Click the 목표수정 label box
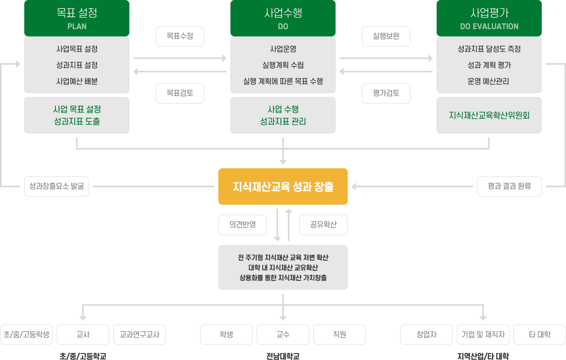click(x=180, y=36)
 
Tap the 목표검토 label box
click(x=180, y=93)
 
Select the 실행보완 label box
click(x=386, y=36)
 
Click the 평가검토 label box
click(x=386, y=93)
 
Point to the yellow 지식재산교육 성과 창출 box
click(x=283, y=186)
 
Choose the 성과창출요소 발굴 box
click(x=57, y=186)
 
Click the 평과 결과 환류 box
click(x=509, y=186)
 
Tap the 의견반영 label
click(x=243, y=225)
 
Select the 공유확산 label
click(x=323, y=225)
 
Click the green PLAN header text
click(x=77, y=27)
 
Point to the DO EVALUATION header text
click(x=489, y=27)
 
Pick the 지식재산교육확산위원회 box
click(x=489, y=115)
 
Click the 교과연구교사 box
click(x=139, y=335)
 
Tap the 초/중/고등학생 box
click(x=26, y=335)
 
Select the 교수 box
click(x=283, y=335)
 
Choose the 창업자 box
click(x=427, y=335)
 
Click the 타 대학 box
click(x=540, y=335)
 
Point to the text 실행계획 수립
click(x=283, y=65)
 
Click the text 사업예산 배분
click(x=77, y=81)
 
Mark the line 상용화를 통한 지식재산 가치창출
click(x=283, y=278)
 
